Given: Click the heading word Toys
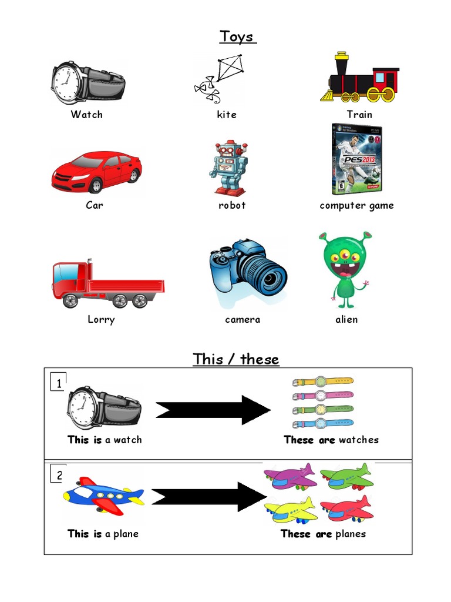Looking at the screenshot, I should (x=238, y=36).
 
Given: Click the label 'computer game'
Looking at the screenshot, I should (x=356, y=205).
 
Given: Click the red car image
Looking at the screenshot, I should (x=96, y=171).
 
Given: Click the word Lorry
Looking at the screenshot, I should (x=101, y=320).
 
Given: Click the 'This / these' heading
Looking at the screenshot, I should (x=236, y=359).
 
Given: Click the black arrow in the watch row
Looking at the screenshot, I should (x=213, y=410).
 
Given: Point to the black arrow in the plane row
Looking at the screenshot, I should (x=209, y=497).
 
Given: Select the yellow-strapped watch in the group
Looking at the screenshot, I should (x=322, y=382).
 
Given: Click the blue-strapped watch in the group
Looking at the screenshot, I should (x=322, y=423).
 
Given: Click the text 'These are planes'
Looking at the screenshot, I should (x=323, y=534).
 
